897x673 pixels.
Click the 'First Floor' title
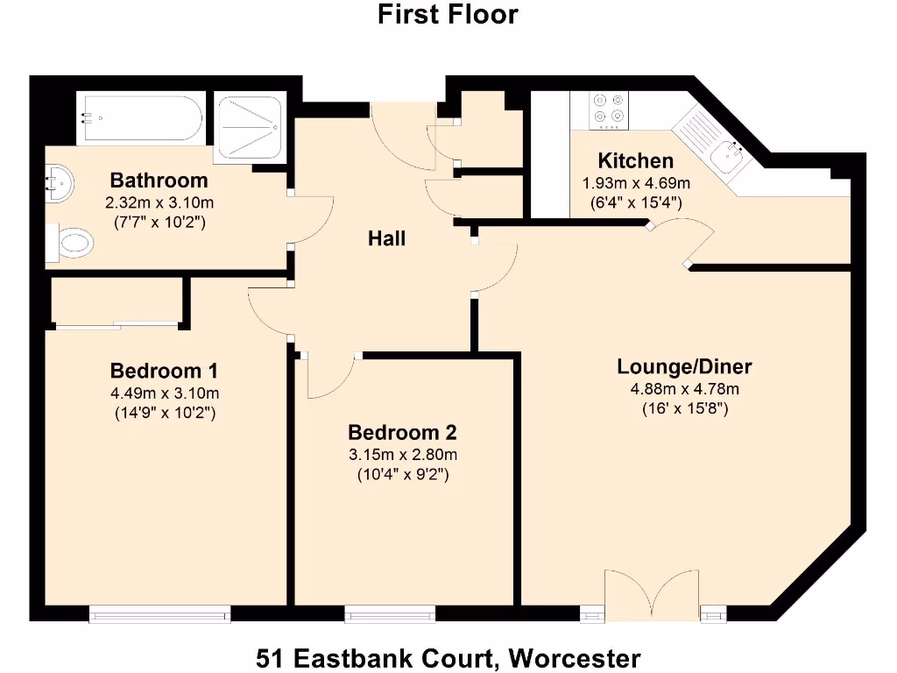(x=448, y=15)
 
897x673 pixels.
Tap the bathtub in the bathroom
(x=141, y=118)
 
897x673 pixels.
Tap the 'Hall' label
(x=386, y=237)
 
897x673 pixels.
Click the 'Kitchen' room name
(x=636, y=161)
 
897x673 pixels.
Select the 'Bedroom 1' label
(x=164, y=369)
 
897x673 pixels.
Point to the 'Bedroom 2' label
(x=402, y=433)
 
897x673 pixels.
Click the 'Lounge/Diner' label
(x=684, y=367)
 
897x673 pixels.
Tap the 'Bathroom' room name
(x=159, y=181)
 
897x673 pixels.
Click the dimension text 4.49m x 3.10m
(x=164, y=392)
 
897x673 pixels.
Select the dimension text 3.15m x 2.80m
(x=402, y=455)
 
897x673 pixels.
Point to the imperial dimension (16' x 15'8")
(x=684, y=408)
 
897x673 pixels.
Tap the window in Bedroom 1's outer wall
(x=160, y=615)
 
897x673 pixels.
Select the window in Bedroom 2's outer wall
(x=390, y=615)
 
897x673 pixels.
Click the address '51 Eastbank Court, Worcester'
(x=448, y=657)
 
